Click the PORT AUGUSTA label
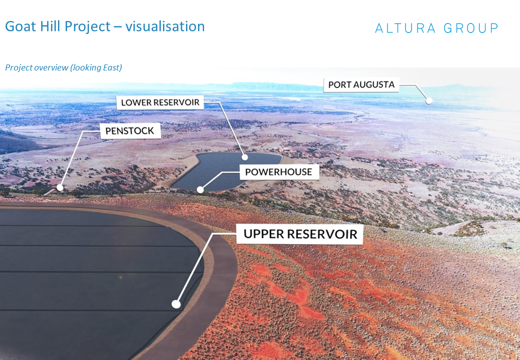click(361, 85)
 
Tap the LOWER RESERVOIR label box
click(160, 102)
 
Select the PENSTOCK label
click(130, 131)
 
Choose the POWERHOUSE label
click(278, 171)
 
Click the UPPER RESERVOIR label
click(300, 234)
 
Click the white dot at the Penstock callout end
click(60, 187)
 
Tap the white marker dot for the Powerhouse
click(200, 189)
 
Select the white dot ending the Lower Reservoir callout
click(244, 157)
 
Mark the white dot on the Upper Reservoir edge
click(176, 304)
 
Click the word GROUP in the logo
click(471, 28)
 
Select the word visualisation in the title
click(165, 26)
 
